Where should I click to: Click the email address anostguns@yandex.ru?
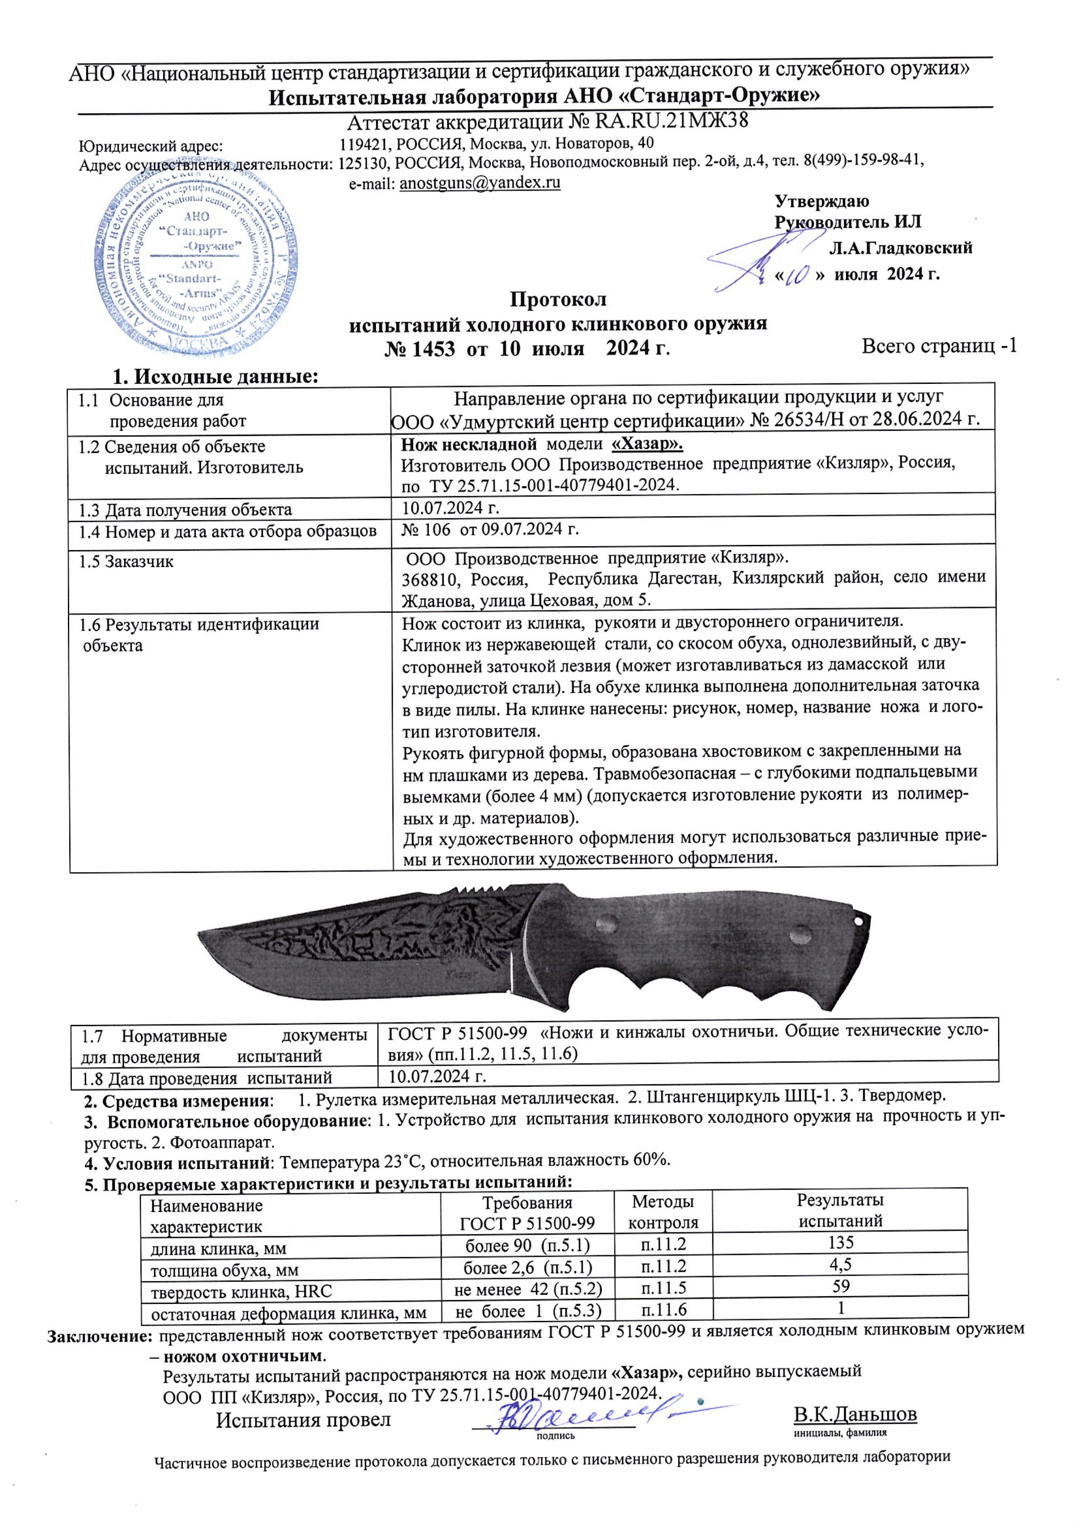tap(480, 183)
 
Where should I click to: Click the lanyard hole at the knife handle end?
tap(861, 921)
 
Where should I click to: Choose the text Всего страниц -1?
tap(939, 346)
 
